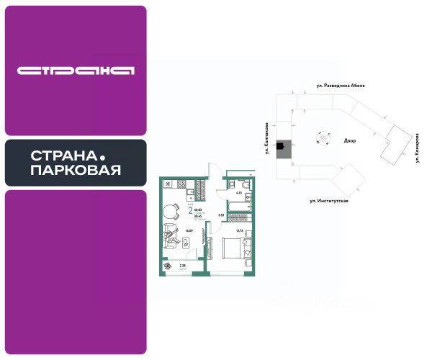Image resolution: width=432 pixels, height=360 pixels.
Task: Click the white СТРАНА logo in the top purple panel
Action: [x=76, y=71]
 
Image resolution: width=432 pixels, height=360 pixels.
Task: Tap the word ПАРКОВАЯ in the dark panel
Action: [x=76, y=171]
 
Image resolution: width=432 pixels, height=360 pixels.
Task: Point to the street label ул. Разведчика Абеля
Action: [x=341, y=85]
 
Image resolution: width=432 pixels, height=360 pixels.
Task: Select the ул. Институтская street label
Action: [x=329, y=200]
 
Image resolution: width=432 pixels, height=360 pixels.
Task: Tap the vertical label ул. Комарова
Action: [x=417, y=148]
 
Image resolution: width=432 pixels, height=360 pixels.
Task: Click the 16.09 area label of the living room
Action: [x=189, y=231]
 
